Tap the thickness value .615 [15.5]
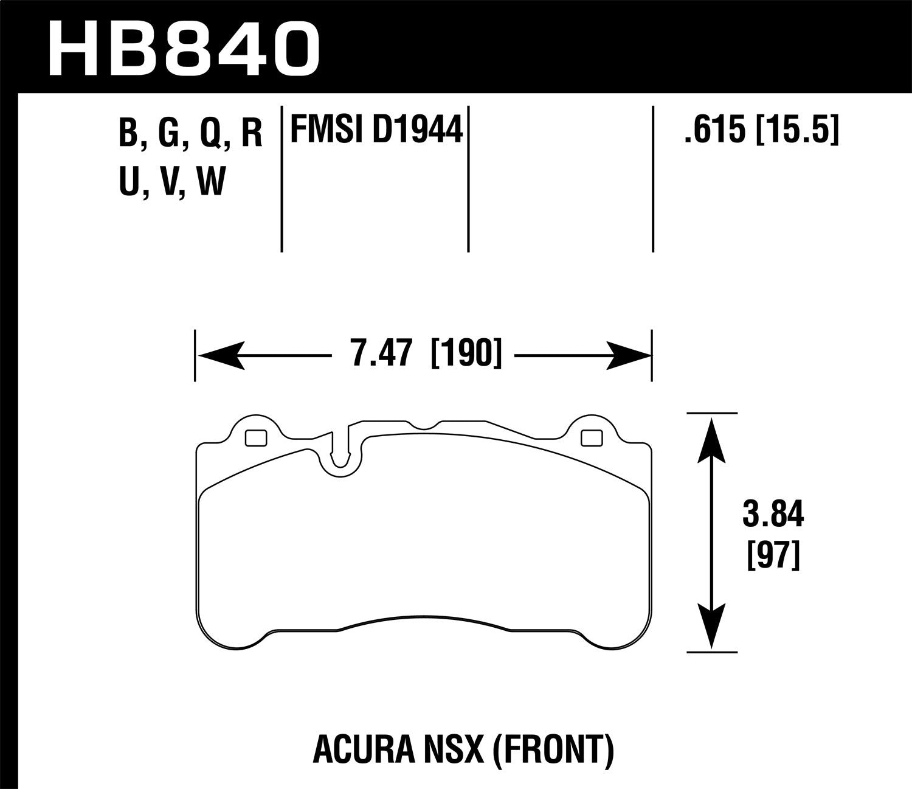761,130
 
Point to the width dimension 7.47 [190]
426,353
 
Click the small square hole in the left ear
255,438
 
